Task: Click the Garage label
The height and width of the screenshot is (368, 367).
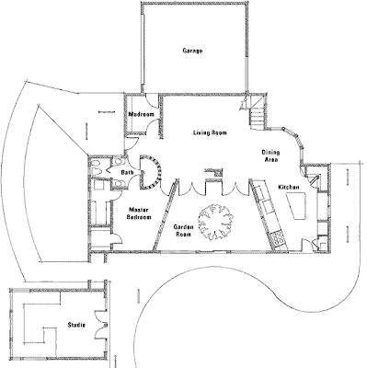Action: [192, 51]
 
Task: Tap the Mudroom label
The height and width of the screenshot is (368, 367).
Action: [141, 114]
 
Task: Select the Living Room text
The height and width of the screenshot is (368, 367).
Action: [210, 132]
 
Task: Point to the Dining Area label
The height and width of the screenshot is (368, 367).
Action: [270, 155]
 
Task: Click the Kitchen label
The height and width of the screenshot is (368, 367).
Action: [289, 187]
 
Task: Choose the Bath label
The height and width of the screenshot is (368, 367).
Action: [127, 173]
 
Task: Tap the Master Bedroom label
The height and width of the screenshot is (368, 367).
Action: [140, 213]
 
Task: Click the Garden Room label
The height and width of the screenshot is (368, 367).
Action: [184, 231]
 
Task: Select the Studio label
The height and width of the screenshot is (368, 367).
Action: [76, 325]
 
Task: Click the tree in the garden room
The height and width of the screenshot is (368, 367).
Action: [214, 222]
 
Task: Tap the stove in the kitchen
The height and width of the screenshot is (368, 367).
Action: [278, 238]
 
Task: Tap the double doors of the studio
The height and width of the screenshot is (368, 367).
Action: [100, 325]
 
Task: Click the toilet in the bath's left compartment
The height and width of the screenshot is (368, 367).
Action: [95, 166]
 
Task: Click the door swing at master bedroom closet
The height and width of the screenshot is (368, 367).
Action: [117, 238]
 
